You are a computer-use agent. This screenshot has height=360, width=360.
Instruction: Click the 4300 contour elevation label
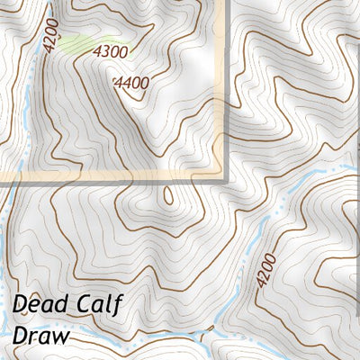(111, 52)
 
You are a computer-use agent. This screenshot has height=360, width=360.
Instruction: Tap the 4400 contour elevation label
(131, 83)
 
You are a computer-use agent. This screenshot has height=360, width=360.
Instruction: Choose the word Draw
(41, 336)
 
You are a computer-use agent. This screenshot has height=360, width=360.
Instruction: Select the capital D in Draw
(22, 336)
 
